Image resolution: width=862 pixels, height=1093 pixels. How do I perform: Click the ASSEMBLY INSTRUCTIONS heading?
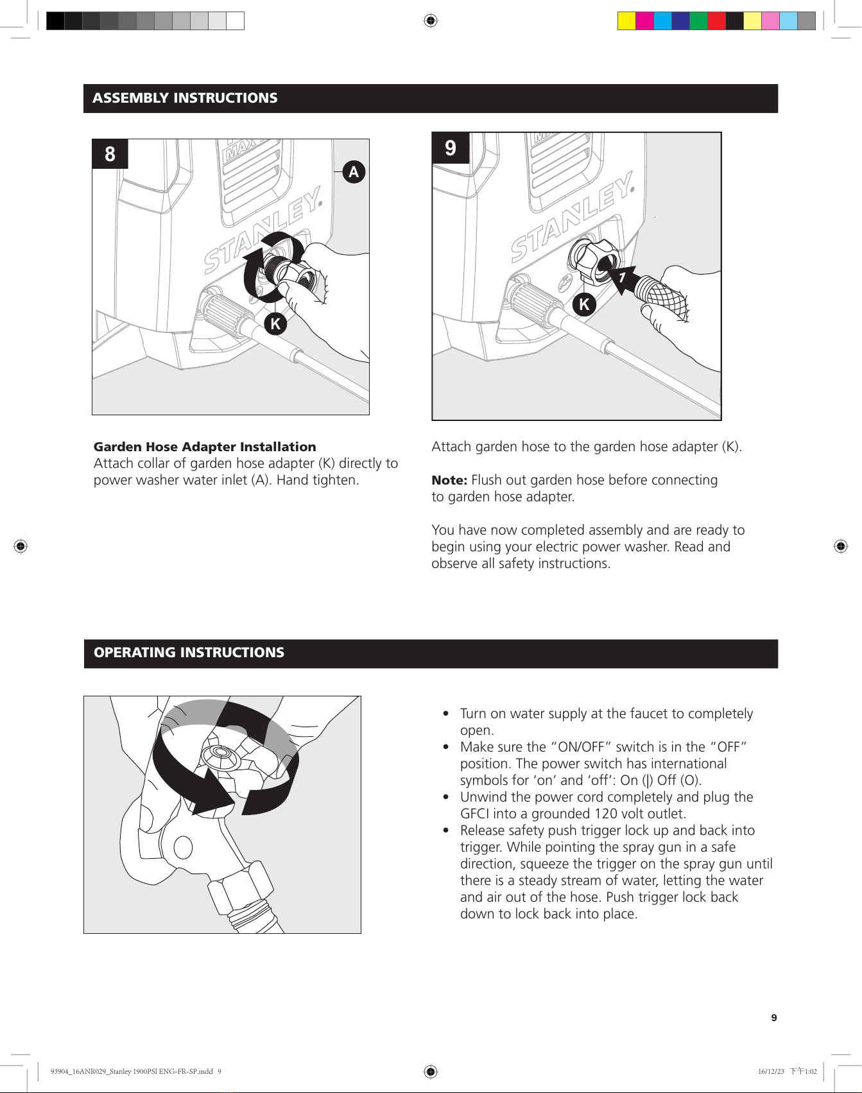point(185,98)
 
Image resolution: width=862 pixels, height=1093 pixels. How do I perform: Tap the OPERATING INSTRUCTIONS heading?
point(189,653)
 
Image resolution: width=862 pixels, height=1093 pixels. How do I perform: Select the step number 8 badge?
point(110,154)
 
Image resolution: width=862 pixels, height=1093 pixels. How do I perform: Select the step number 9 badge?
point(451,148)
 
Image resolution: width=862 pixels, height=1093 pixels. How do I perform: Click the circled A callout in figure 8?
point(354,172)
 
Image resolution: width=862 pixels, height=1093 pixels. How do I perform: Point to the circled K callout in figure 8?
point(275,323)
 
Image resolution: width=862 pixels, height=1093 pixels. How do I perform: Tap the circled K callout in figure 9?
point(584,304)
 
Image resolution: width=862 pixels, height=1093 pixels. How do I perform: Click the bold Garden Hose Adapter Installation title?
point(205,447)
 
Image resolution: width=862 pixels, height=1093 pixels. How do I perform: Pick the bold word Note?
point(449,480)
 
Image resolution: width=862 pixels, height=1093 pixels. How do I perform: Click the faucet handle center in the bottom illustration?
point(223,757)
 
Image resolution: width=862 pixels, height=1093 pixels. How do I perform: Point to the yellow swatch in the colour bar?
point(626,21)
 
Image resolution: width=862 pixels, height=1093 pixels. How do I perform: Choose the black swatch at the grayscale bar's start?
point(55,21)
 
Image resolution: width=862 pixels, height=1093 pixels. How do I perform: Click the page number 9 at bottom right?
point(774,1018)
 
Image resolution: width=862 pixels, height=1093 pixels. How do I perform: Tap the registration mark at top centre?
point(431,21)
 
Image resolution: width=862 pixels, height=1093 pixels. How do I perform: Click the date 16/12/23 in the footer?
point(771,1071)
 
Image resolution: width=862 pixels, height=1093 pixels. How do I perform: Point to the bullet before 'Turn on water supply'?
point(446,714)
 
